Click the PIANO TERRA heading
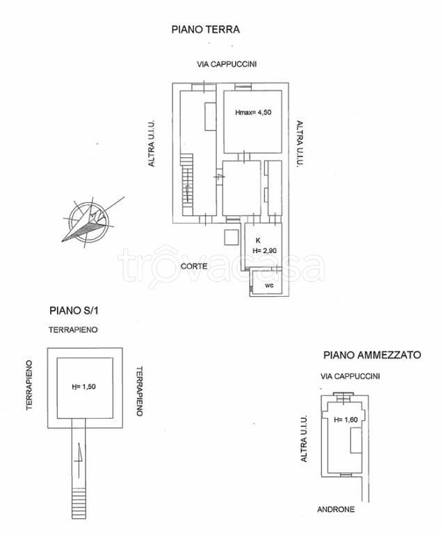tap(205, 30)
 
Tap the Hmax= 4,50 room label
tap(253, 113)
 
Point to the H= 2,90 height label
tap(265, 250)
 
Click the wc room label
tap(268, 285)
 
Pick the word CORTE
tap(193, 266)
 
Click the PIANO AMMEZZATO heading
tap(372, 355)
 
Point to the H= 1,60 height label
tap(345, 419)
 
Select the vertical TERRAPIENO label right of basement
tap(139, 391)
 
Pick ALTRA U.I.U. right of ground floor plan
tap(299, 144)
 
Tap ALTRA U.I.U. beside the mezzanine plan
tap(304, 439)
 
